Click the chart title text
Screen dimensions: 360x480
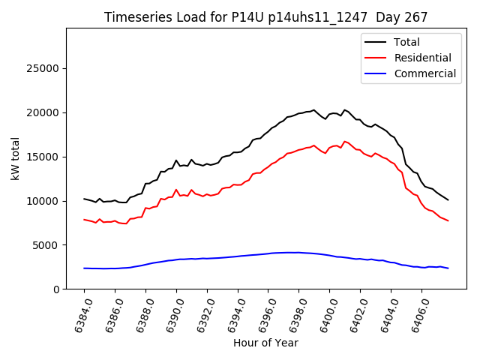coord(265,17)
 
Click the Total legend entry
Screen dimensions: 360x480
coord(406,42)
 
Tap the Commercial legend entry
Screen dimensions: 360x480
coord(424,73)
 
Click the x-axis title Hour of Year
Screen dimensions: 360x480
coord(265,343)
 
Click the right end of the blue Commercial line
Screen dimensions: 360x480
coord(448,268)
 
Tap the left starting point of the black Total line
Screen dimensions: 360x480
coord(84,199)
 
